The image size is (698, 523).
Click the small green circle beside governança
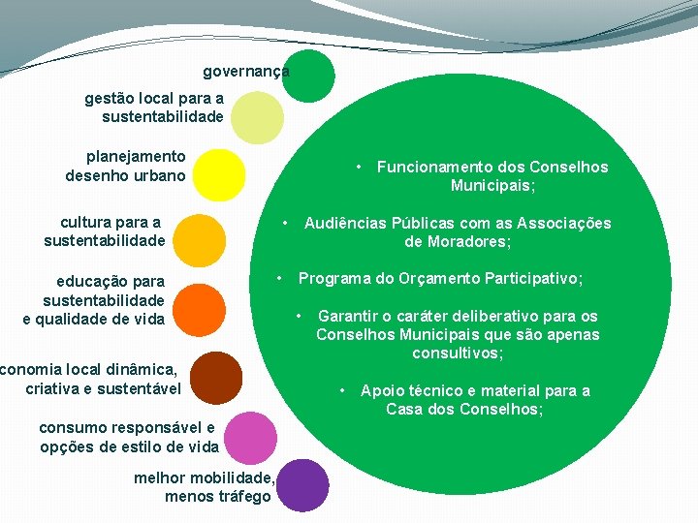tap(308, 76)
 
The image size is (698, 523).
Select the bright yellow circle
tap(219, 174)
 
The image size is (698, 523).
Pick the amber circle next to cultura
tap(201, 238)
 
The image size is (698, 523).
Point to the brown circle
tap(216, 378)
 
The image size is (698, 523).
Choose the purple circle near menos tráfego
tap(303, 484)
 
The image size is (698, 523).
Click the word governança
tap(245, 72)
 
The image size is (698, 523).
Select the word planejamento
tap(136, 156)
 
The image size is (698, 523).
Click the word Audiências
tap(348, 223)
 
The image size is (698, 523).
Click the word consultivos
tap(458, 354)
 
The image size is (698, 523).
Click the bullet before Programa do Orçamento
tap(279, 279)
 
